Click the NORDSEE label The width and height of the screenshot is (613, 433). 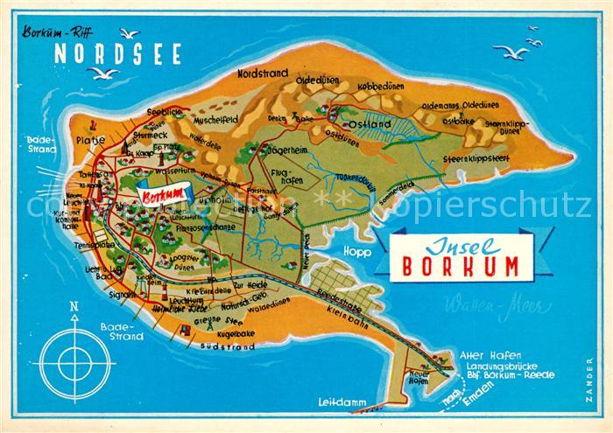pyautogui.click(x=119, y=53)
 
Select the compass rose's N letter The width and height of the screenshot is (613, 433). pyautogui.click(x=74, y=306)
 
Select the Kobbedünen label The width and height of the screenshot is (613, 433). pyautogui.click(x=381, y=87)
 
